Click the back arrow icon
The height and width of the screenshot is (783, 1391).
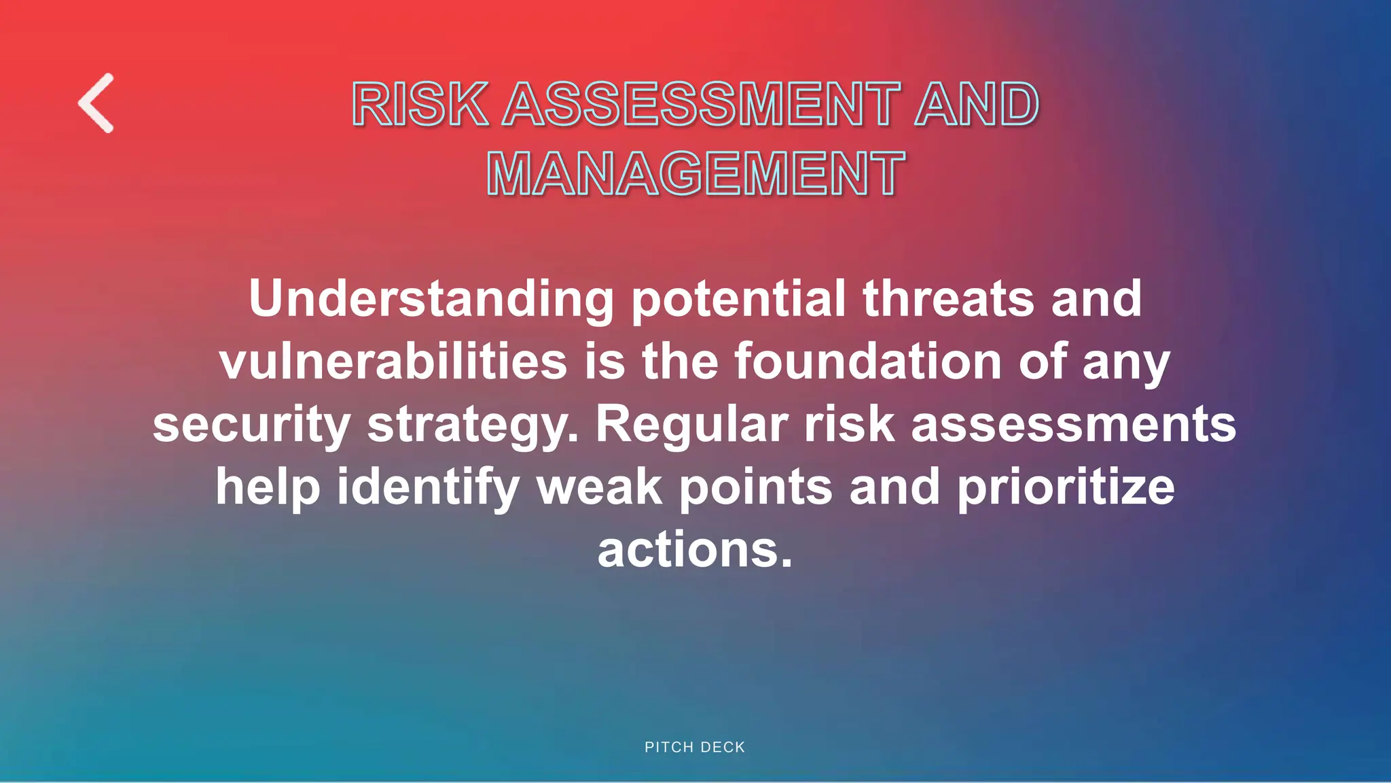(96, 103)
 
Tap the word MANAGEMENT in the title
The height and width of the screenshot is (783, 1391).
(695, 174)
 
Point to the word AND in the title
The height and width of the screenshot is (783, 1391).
(976, 104)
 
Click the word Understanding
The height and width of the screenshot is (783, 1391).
(431, 299)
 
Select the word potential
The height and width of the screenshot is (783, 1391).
(738, 299)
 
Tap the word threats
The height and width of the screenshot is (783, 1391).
(948, 299)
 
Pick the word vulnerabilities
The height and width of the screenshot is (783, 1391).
(393, 361)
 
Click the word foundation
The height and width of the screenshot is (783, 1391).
(868, 361)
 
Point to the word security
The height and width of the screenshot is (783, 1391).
(251, 424)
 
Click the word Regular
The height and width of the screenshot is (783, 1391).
(692, 424)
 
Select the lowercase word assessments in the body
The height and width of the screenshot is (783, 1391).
(1073, 424)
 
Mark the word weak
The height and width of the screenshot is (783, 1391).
(600, 487)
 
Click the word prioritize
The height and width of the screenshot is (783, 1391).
(1066, 487)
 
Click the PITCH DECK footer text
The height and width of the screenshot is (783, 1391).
(695, 747)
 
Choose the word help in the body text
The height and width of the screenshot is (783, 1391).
(268, 487)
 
